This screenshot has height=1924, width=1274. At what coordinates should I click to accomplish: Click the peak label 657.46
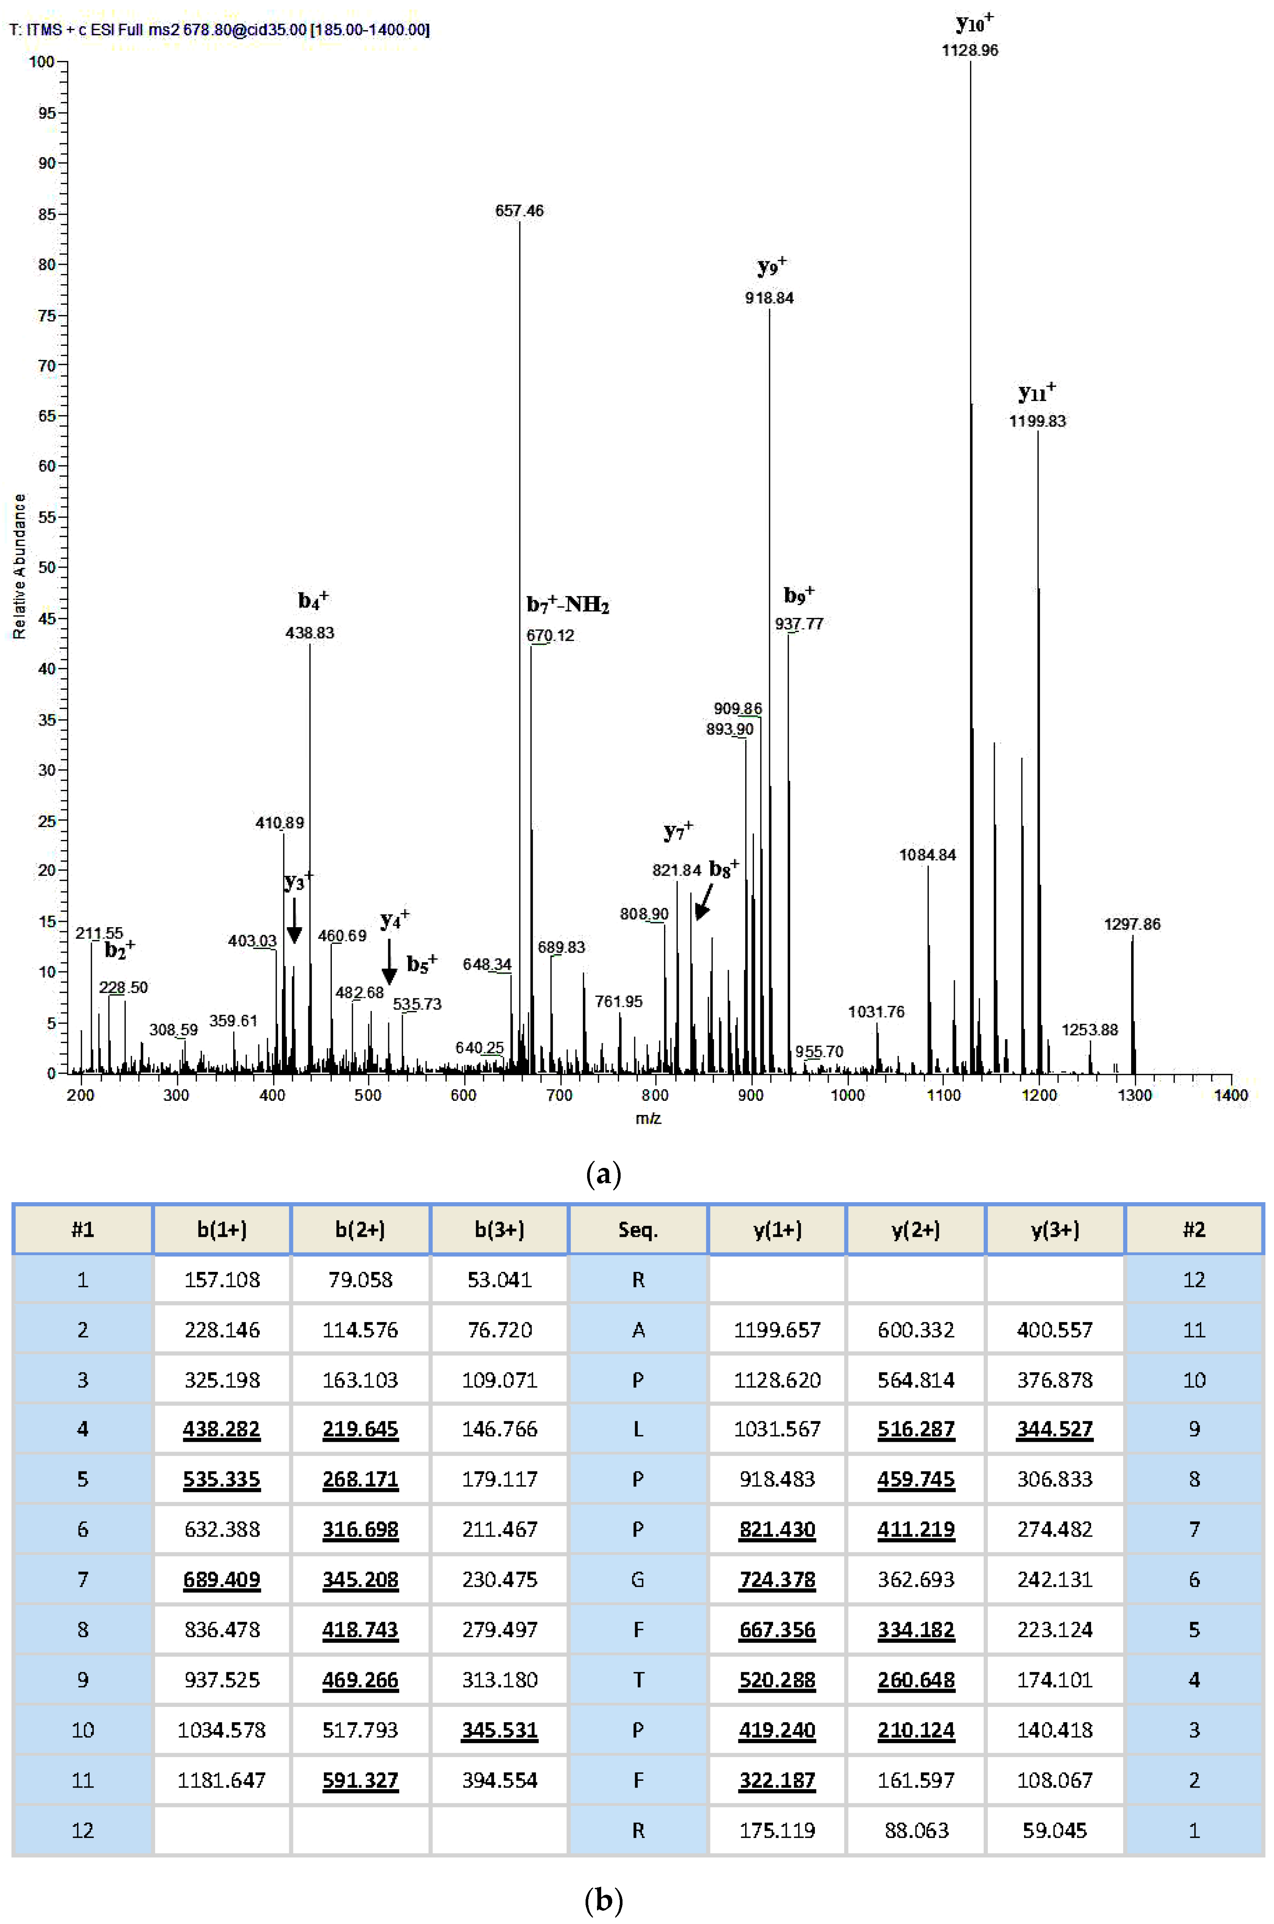(519, 211)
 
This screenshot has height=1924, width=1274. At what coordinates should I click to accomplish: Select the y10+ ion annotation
(974, 23)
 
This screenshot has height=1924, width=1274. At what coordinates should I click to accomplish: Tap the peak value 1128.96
(970, 50)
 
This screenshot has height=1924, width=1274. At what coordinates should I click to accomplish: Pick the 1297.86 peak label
(1132, 924)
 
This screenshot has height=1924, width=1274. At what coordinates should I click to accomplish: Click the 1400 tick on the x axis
(1230, 1096)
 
